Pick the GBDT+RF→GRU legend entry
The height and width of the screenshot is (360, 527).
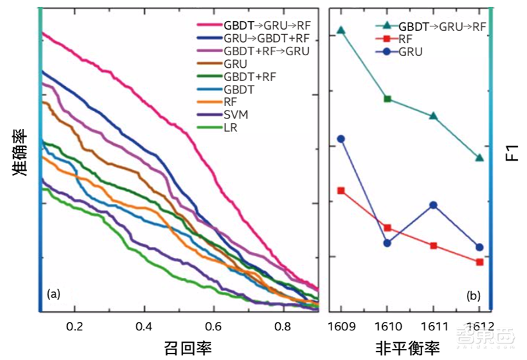266,51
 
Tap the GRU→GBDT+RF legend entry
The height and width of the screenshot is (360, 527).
266,39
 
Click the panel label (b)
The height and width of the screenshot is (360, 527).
472,296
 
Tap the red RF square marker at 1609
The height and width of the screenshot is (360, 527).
341,190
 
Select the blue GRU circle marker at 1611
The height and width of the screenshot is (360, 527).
433,205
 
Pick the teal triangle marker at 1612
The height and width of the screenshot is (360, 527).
480,157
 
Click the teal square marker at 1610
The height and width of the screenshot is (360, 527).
387,99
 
